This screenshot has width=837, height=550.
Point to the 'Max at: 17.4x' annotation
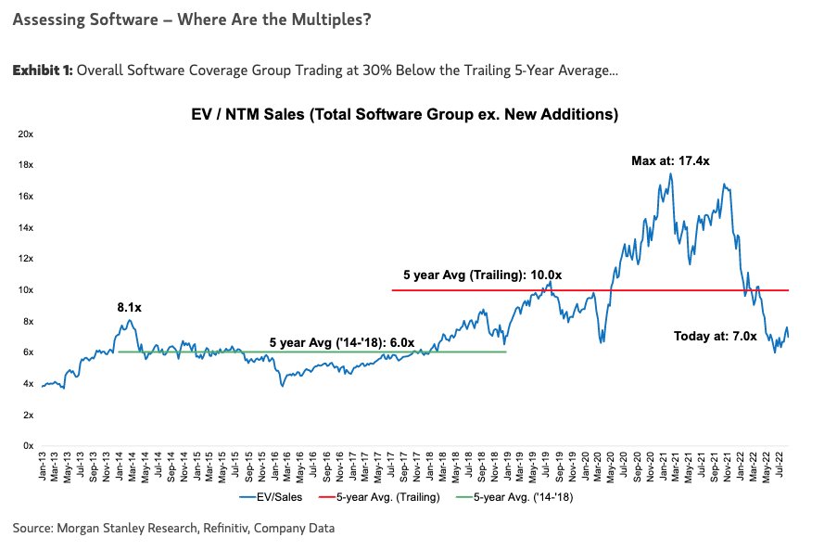coord(670,160)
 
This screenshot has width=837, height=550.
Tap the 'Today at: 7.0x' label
coord(715,337)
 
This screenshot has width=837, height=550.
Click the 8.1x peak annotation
coord(130,305)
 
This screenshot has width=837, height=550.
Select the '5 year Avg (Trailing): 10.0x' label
coord(482,275)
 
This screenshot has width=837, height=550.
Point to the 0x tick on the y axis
coord(29,446)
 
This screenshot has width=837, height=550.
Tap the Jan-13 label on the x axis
coord(44,467)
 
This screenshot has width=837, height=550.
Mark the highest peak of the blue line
coord(670,174)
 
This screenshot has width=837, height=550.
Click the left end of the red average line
coord(393,290)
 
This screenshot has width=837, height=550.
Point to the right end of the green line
coord(506,352)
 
